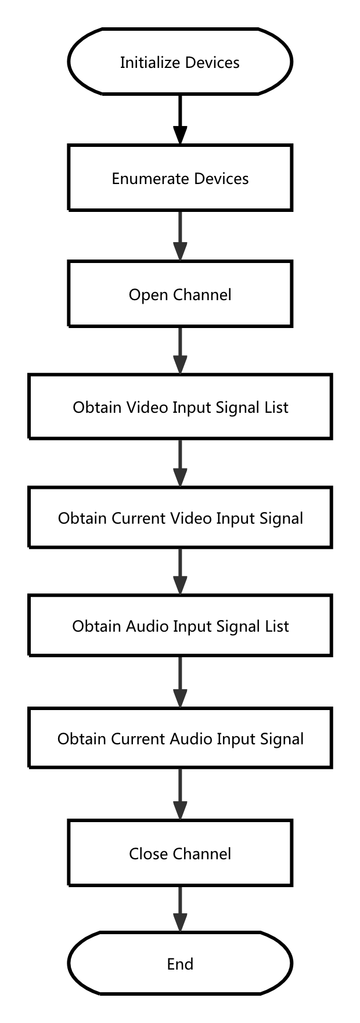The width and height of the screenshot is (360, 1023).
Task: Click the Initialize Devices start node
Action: tap(180, 62)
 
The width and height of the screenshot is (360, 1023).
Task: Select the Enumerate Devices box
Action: tap(180, 178)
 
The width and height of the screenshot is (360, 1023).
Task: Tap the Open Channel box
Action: tap(180, 294)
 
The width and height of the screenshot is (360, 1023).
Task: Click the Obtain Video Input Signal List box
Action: tap(180, 406)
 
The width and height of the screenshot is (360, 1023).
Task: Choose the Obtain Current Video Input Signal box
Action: tap(180, 517)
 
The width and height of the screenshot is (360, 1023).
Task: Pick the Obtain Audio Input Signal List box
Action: tap(180, 625)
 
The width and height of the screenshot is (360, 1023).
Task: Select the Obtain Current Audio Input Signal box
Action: tap(180, 738)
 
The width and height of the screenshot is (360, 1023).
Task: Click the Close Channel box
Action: tap(180, 853)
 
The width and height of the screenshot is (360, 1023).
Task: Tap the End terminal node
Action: tap(180, 964)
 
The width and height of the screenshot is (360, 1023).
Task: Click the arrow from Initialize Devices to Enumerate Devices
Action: tap(180, 119)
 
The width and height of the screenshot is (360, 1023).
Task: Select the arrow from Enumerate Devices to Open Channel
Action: tap(180, 235)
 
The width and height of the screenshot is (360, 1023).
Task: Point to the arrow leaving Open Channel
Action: tap(180, 350)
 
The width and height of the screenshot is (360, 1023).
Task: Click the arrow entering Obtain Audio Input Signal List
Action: tap(180, 571)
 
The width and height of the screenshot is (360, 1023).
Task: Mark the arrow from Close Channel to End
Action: tap(180, 909)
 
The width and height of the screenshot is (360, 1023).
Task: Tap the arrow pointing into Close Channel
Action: tap(180, 794)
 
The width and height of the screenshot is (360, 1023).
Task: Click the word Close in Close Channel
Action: tap(148, 853)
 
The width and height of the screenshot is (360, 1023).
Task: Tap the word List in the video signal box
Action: tap(276, 407)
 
